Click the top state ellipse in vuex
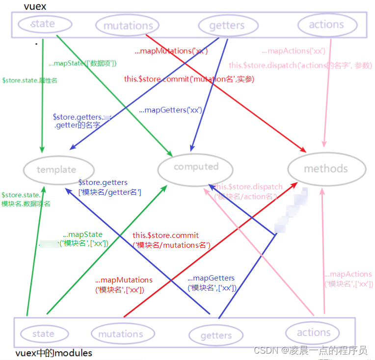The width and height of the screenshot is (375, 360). coord(43,24)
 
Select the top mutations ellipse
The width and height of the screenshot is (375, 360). coord(128,26)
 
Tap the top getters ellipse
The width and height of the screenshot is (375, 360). coord(227,26)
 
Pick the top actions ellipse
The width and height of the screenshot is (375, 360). coord(326,25)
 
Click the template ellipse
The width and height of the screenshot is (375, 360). coord(56,170)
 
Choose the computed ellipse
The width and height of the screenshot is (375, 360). coord(196,167)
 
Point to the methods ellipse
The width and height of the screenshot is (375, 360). coord(326,169)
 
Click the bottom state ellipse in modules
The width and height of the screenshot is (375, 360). coord(43,334)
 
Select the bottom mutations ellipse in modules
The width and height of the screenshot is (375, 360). coord(120,334)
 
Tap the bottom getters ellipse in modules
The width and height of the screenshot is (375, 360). coord(216,335)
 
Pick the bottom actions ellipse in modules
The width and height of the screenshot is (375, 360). coord(314,333)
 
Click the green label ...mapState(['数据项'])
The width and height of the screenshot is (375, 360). coord(82,63)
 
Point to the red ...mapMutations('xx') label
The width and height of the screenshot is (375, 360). coord(171,51)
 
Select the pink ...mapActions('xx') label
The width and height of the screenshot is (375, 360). coord(294,51)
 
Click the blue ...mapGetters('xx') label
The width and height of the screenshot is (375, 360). coord(170,110)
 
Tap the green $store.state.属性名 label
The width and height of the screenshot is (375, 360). coord(29,80)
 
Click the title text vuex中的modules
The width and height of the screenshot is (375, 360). coord(54,353)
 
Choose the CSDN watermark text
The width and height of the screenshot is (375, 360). coord(310,350)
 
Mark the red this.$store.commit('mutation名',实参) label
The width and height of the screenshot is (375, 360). coord(189,78)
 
